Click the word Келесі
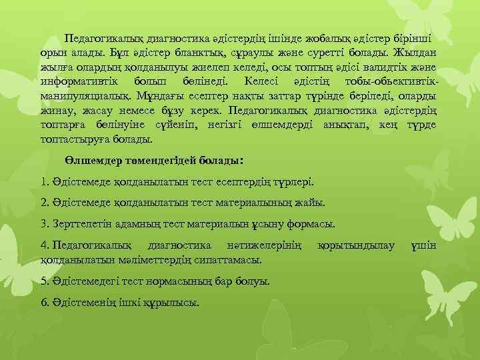click(248, 81)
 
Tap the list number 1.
click(44, 181)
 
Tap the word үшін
click(424, 246)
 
